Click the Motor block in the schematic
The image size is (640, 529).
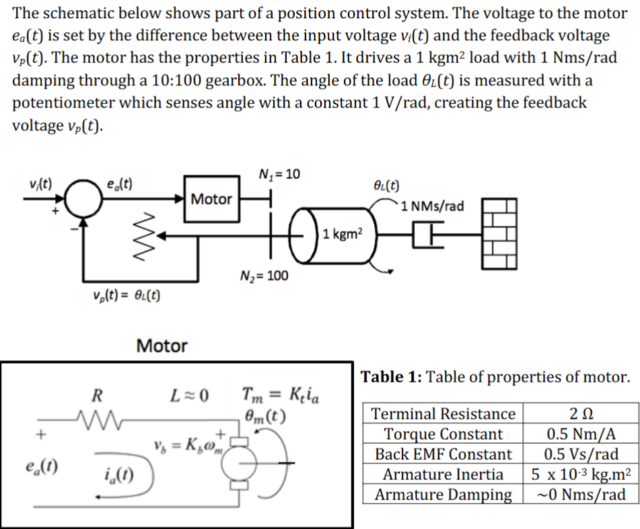point(211,199)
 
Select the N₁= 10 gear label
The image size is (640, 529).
point(277,175)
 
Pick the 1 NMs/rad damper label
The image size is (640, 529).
point(431,206)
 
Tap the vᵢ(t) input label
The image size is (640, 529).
point(42,183)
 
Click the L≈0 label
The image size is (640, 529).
point(188,394)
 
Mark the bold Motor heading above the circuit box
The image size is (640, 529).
point(162,346)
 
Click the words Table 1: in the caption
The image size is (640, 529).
point(392,376)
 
